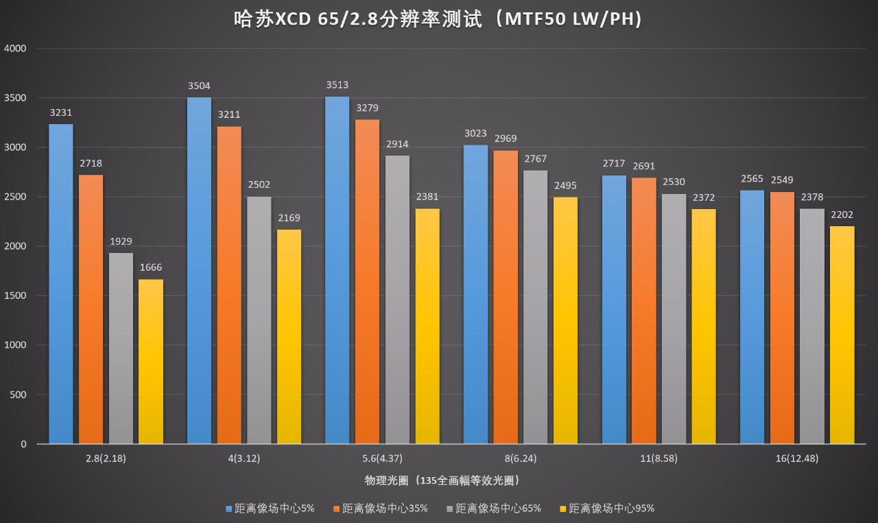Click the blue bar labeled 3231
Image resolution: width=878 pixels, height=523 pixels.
[61, 284]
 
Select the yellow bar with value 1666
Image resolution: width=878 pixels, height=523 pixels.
[151, 361]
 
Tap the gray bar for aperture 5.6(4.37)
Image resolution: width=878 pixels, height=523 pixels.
[397, 300]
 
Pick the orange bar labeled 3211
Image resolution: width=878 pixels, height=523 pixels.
[229, 285]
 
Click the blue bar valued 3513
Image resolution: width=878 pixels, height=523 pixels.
[337, 270]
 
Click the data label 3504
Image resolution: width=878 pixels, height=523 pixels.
[199, 86]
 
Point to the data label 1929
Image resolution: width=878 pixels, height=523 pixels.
[121, 241]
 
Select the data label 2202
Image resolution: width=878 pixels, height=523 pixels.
[842, 215]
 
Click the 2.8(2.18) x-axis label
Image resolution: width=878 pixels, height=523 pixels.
[106, 459]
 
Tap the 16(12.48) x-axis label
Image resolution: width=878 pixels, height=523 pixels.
[797, 459]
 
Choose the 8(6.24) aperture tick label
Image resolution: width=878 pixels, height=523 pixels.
[521, 459]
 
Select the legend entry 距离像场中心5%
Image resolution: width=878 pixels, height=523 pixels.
[270, 508]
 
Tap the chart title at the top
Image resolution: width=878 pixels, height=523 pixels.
[438, 20]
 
